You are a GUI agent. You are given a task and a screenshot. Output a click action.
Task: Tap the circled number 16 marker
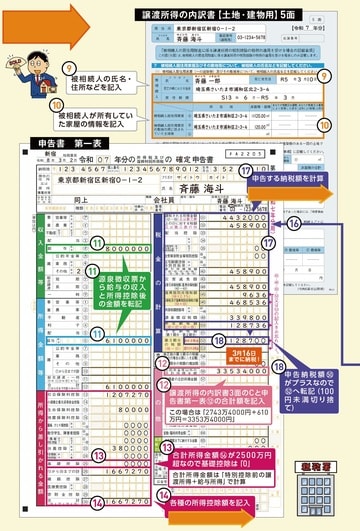294,227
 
